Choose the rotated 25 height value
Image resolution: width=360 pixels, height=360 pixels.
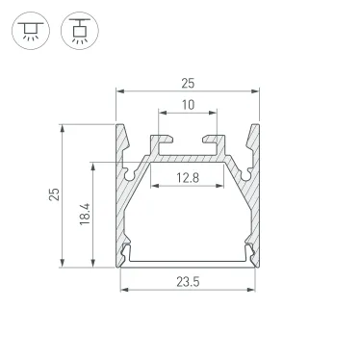pos(55,196)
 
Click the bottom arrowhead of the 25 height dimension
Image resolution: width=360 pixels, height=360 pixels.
pos(63,266)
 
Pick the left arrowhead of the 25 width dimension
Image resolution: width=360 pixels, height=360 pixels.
pos(119,91)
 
